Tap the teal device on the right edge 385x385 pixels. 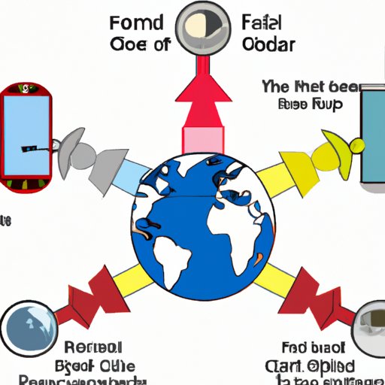(x=372, y=135)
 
